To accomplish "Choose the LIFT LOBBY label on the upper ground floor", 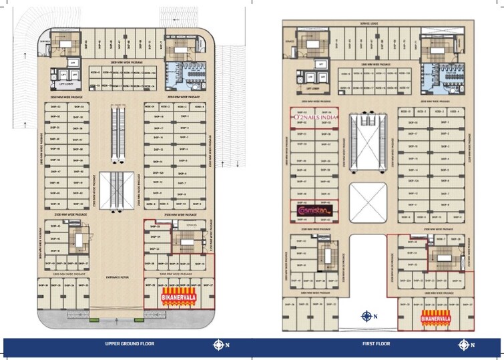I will (65, 85).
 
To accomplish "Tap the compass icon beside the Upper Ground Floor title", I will (218, 345).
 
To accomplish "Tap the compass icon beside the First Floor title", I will (463, 345).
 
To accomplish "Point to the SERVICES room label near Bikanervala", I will (189, 225).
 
